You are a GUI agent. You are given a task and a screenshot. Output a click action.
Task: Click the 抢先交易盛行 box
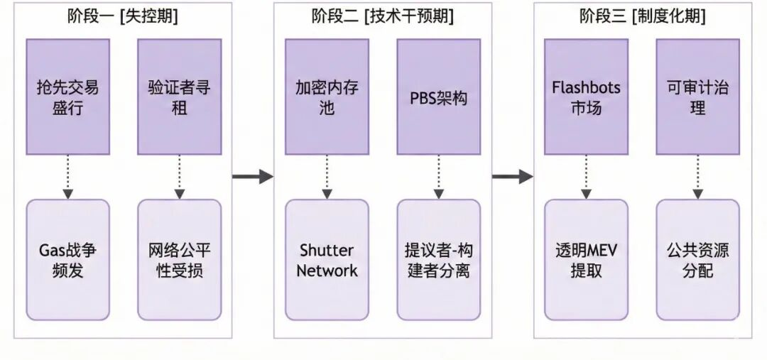(x=68, y=97)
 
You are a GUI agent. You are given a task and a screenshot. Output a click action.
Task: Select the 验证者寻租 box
(x=179, y=97)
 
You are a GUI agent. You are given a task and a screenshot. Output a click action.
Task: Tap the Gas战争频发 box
(x=68, y=260)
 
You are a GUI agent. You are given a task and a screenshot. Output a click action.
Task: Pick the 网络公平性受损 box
(x=179, y=260)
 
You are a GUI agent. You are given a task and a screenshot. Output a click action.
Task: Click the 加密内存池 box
(x=327, y=97)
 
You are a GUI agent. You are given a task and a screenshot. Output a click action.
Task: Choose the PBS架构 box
(x=438, y=97)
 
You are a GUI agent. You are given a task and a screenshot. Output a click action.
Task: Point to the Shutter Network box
(x=327, y=260)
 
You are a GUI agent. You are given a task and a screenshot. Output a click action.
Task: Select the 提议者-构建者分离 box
(x=438, y=260)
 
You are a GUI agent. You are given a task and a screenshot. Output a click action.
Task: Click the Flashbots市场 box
(x=586, y=97)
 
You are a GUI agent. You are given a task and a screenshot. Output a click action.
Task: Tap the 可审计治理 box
(x=697, y=97)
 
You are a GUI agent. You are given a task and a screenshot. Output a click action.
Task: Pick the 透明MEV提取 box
(x=586, y=260)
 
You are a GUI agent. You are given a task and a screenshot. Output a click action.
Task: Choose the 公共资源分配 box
(x=697, y=260)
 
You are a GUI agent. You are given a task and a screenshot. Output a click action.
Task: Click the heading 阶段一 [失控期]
(x=123, y=16)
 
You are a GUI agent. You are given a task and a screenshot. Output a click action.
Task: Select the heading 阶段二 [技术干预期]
(x=382, y=16)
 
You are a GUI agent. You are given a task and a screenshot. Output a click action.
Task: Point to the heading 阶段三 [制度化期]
(x=642, y=16)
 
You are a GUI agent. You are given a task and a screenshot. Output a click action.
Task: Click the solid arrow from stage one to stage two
(x=253, y=176)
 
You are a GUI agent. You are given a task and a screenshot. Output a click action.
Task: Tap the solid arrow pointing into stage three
(x=512, y=176)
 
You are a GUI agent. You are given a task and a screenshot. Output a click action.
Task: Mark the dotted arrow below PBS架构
(x=438, y=177)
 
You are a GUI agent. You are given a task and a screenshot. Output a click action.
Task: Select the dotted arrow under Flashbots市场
(x=586, y=177)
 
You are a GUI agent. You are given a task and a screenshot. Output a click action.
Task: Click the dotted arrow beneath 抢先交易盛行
(x=68, y=177)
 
